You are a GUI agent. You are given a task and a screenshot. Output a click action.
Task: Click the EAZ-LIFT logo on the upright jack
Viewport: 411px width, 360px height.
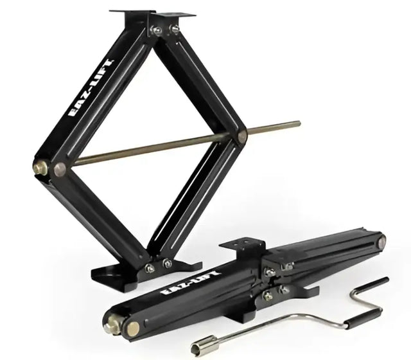pos(91,89)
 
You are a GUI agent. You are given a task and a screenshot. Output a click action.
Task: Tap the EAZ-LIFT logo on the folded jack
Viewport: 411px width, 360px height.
pos(191,283)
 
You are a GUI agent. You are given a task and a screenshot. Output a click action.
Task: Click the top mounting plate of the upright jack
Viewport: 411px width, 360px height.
pos(153,14)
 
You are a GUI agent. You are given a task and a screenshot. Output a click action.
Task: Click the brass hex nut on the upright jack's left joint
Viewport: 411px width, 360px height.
pos(40,167)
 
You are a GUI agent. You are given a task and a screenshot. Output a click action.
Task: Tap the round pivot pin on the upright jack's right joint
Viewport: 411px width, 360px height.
pos(242,136)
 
